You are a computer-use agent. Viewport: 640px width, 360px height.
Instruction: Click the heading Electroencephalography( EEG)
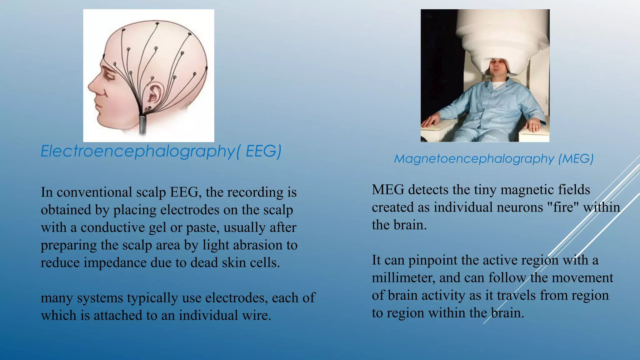point(161,152)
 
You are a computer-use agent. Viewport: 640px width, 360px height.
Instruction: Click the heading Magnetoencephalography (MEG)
point(493,159)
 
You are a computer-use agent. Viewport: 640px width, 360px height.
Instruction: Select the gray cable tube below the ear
point(143,125)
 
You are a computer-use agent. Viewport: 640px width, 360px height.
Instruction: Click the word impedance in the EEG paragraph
point(115,263)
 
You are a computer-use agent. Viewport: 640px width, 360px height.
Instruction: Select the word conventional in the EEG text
point(94,192)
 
